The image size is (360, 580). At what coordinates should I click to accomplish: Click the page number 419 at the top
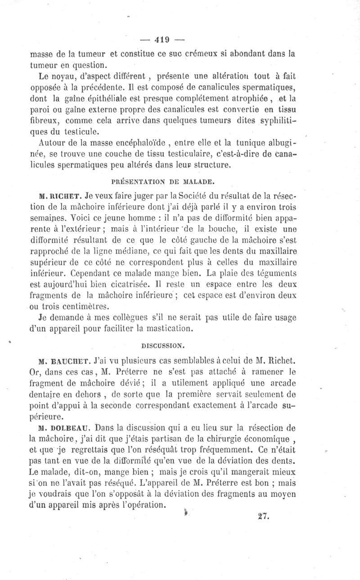pos(161,39)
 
